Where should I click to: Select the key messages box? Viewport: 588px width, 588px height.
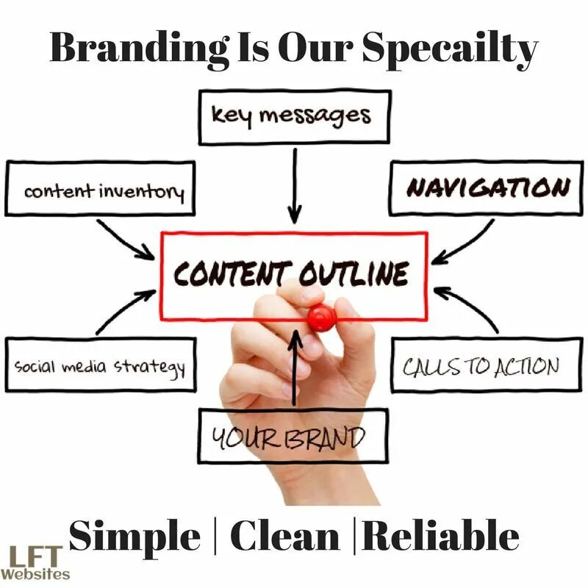pyautogui.click(x=294, y=116)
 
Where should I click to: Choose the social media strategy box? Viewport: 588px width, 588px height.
pyautogui.click(x=101, y=365)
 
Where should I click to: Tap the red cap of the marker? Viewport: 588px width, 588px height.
pyautogui.click(x=322, y=317)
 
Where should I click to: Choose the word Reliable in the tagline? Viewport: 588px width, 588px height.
pyautogui.click(x=441, y=537)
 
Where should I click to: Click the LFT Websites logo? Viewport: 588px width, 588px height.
pyautogui.click(x=35, y=562)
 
